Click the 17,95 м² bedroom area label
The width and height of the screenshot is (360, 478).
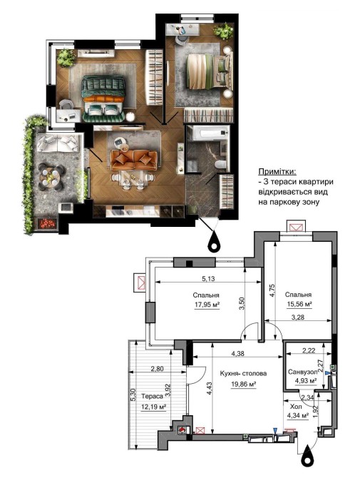point(207,305)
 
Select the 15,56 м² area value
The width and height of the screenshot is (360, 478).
point(299,304)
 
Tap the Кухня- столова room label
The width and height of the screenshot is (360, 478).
point(243,373)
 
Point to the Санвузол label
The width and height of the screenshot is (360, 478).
point(303,372)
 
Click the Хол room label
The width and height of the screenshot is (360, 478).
point(296,407)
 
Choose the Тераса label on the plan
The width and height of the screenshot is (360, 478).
point(153,396)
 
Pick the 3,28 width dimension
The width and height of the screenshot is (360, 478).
point(298,317)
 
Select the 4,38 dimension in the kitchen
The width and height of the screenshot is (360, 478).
point(238,354)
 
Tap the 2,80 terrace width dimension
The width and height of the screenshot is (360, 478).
point(157,369)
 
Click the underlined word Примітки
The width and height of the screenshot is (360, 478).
point(277,171)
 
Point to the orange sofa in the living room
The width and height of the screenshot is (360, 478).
point(134,160)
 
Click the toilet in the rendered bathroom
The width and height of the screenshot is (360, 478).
point(220,165)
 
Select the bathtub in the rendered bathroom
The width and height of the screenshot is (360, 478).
point(208,133)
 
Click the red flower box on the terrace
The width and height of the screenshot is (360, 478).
point(47,224)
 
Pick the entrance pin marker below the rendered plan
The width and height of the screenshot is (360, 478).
point(215,242)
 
